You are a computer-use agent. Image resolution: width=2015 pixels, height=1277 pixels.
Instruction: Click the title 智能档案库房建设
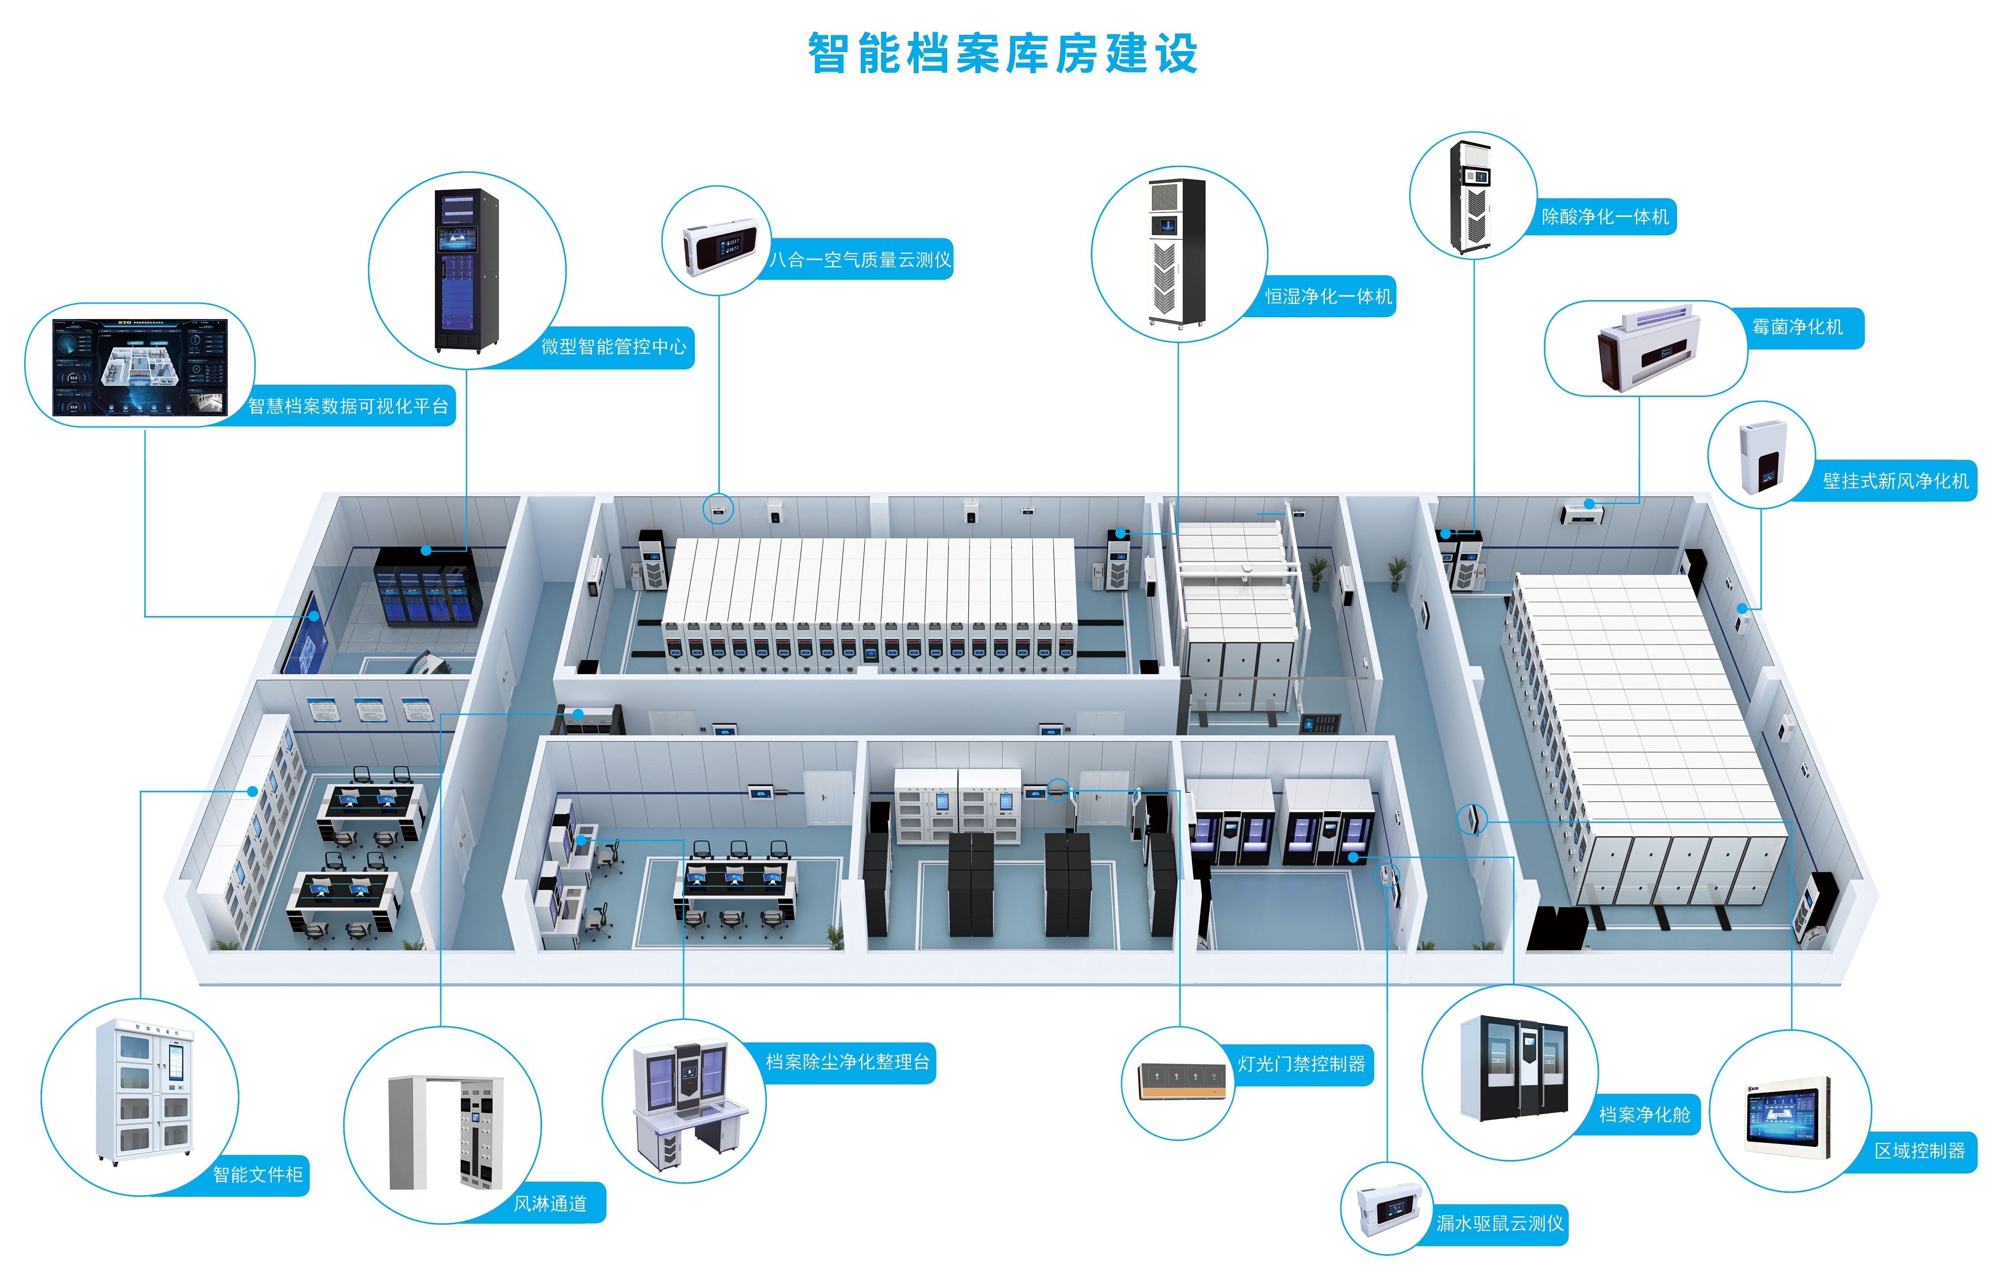click(x=1003, y=54)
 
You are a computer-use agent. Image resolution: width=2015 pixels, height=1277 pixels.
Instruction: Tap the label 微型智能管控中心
click(x=613, y=346)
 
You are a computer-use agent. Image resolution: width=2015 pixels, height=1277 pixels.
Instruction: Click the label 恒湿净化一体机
click(x=1328, y=296)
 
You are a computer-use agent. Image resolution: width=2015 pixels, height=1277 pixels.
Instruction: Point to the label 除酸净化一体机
click(x=1605, y=217)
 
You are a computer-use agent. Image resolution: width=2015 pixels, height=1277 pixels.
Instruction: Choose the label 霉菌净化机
click(x=1797, y=327)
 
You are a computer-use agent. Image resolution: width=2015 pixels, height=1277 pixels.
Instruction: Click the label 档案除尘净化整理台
click(x=848, y=1062)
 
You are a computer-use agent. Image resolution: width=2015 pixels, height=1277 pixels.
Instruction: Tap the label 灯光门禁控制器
click(x=1301, y=1065)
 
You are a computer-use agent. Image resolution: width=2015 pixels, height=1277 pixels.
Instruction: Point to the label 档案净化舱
click(x=1644, y=1115)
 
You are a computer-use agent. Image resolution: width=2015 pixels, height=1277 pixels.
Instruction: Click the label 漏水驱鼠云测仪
click(x=1499, y=1223)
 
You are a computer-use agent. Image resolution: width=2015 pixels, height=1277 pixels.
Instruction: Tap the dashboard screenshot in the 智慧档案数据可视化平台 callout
click(x=140, y=367)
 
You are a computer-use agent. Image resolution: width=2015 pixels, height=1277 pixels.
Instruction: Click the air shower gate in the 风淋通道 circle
click(x=445, y=1132)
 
